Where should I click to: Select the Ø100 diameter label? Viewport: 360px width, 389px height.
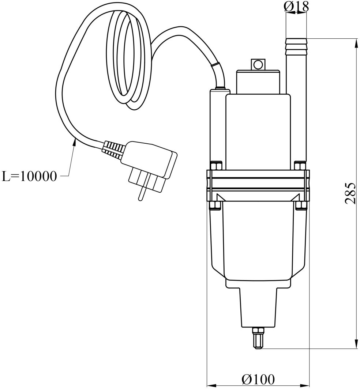pos(258,379)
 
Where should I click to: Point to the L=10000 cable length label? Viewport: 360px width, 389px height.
pos(30,177)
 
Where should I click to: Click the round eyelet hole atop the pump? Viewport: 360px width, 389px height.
pos(258,65)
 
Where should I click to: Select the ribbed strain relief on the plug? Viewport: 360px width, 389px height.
pos(113,150)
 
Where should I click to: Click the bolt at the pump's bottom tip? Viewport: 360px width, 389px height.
pos(258,338)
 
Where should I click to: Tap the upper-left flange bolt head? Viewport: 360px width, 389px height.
pos(215,166)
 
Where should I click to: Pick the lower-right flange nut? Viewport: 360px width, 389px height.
pos(301,205)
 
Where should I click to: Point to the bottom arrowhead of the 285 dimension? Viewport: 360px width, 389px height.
pos(356,344)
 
